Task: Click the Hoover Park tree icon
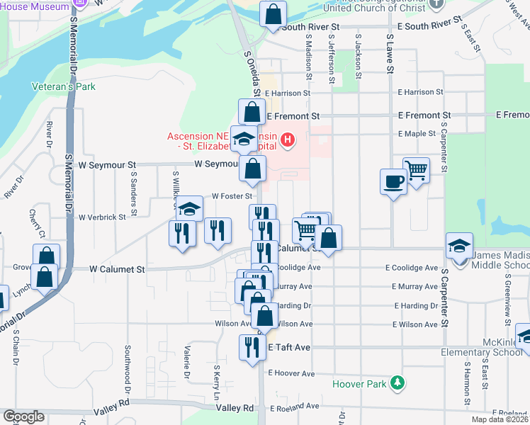(398, 383)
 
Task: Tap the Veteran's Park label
(64, 86)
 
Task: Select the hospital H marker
(287, 138)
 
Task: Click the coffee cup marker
(393, 182)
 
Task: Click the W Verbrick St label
(102, 217)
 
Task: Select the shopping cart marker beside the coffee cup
(416, 170)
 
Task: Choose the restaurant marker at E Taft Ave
(252, 347)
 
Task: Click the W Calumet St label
(117, 269)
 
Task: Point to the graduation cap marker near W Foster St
(189, 208)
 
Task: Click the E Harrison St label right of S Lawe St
(420, 92)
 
